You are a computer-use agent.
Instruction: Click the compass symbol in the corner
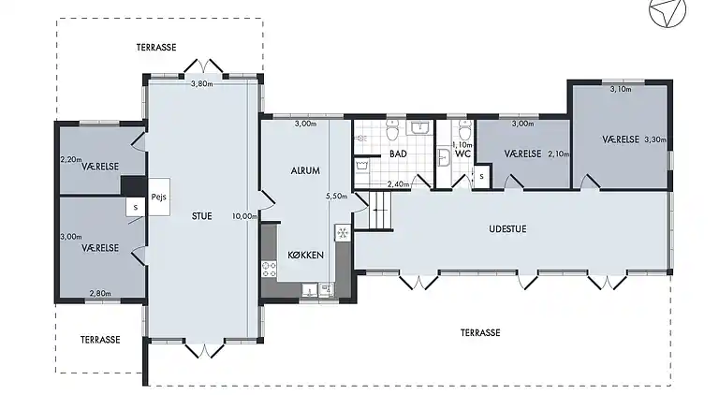668,11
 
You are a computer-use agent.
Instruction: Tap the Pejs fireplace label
158,197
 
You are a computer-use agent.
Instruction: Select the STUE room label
202,216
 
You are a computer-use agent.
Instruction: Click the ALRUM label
305,170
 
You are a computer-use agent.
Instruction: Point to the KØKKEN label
306,255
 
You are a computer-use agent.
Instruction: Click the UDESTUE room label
507,228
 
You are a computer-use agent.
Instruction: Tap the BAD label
398,154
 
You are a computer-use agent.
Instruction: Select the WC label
463,154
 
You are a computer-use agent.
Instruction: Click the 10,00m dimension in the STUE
244,216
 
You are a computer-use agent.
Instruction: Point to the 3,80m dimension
202,84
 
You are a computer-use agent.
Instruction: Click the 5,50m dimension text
337,197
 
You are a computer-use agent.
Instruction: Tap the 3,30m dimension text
655,139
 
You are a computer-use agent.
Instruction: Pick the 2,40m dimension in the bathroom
398,184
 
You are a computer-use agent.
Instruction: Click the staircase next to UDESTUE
379,210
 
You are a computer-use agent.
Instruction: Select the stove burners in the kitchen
270,269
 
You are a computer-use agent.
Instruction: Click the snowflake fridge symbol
342,233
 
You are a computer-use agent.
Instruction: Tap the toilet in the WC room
464,130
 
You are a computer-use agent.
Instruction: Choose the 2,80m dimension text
100,293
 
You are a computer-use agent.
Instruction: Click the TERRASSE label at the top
156,47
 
